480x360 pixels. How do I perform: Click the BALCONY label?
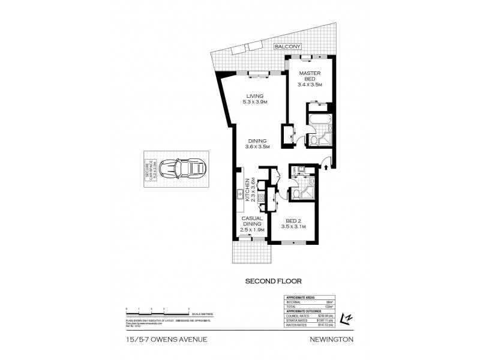[x=287, y=46]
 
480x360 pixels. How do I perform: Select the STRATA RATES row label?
[x=294, y=320]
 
